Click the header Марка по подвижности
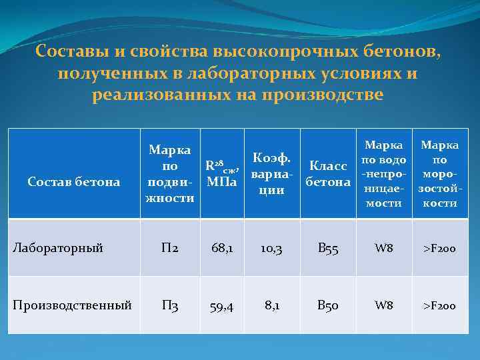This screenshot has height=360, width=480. coord(170,173)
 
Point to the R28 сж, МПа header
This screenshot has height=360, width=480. coord(222,173)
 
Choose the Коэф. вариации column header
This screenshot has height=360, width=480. coord(271,173)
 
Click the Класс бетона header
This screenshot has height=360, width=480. coord(327,173)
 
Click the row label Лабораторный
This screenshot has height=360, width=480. coord(59,249)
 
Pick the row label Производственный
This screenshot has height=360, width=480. coord(73,305)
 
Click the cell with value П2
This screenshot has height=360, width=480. coord(170,249)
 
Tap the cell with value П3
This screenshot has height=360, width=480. coord(170,305)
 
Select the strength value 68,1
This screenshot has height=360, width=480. coord(222,249)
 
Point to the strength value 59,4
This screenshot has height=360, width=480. coord(222,305)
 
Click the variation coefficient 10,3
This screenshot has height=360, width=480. coord(271,249)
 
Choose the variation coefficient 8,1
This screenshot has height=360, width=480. coord(271,305)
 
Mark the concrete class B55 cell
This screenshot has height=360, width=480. coord(327,249)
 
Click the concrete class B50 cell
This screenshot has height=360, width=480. coord(327,305)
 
